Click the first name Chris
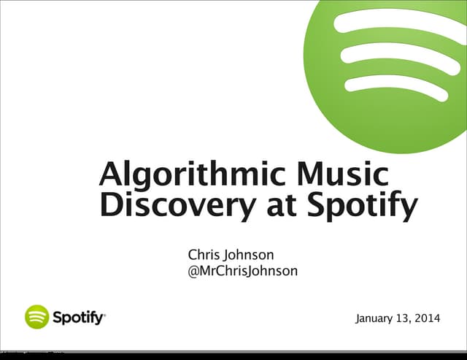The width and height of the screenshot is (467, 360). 204,256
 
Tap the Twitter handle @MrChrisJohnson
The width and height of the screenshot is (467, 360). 242,272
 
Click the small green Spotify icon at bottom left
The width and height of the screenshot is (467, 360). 36,317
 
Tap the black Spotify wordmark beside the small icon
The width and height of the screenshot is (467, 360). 79,318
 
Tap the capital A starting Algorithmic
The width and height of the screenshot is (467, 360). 111,174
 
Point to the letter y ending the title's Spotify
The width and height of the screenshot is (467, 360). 407,209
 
